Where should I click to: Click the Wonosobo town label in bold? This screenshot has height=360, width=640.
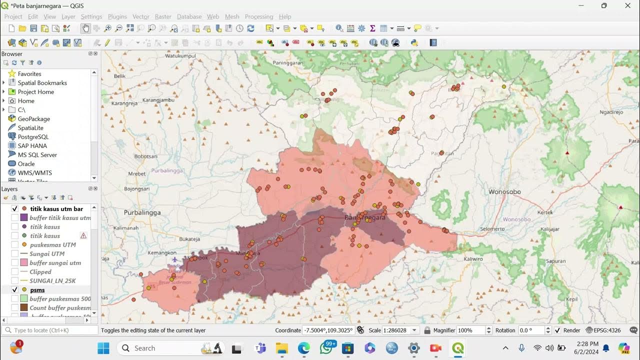pos(504,192)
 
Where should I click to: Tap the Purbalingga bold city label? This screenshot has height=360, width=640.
pos(142,212)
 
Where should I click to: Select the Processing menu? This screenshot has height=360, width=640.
pos(259,16)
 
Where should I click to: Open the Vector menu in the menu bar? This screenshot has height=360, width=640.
pos(141,16)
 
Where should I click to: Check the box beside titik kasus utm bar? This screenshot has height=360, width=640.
pos(15,209)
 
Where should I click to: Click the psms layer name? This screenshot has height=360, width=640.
pos(37,290)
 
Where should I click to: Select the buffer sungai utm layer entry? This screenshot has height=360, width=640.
pos(55,263)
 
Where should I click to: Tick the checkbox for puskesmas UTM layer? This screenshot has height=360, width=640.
pos(15,245)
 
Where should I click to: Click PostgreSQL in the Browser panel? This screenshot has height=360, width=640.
pos(33,137)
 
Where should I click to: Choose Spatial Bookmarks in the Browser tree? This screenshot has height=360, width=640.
pos(42,83)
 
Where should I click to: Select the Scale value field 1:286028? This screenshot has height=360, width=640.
pos(396,330)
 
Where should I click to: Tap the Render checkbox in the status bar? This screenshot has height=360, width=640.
pos(557,330)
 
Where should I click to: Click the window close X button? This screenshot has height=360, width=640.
pos(627,5)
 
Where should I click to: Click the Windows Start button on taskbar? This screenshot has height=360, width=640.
pos(103,348)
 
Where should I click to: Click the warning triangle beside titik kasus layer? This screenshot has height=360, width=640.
pos(83,236)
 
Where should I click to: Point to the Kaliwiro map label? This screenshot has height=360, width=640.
pos(473,259)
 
